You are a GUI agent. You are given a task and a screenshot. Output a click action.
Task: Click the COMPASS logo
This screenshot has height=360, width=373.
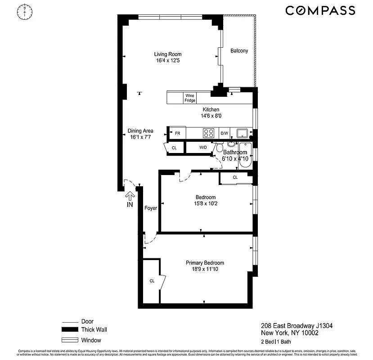tap(320, 11)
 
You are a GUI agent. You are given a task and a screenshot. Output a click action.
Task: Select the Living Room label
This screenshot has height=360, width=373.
tap(156, 54)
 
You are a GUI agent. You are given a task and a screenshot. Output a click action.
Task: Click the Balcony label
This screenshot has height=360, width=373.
tap(239, 51)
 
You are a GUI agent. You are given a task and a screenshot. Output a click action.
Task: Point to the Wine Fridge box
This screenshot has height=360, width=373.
tap(190, 98)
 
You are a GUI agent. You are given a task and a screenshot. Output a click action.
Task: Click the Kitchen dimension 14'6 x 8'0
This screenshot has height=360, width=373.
tap(211, 116)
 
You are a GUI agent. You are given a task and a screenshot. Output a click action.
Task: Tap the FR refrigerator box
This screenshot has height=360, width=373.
tap(177, 134)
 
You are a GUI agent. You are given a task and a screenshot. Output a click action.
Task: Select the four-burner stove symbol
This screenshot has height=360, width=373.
tap(209, 133)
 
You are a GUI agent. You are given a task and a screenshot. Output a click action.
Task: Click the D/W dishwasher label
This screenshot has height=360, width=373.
tap(224, 134)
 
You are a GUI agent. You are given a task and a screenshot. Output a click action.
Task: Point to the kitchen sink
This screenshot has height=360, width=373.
tap(243, 133)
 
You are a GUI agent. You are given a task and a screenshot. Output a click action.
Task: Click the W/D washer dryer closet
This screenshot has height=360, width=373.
tap(202, 147)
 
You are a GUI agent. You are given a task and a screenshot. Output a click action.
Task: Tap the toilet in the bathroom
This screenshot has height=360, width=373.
tap(220, 148)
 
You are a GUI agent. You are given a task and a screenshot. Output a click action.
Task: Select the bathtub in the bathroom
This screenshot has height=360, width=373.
tap(245, 155)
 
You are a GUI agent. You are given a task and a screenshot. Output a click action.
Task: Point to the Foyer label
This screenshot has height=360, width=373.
tap(150, 208)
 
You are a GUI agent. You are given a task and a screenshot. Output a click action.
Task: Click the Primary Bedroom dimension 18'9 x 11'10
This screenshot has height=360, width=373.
tap(205, 269)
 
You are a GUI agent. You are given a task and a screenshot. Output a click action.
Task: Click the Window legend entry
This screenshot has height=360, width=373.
tap(91, 340)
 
